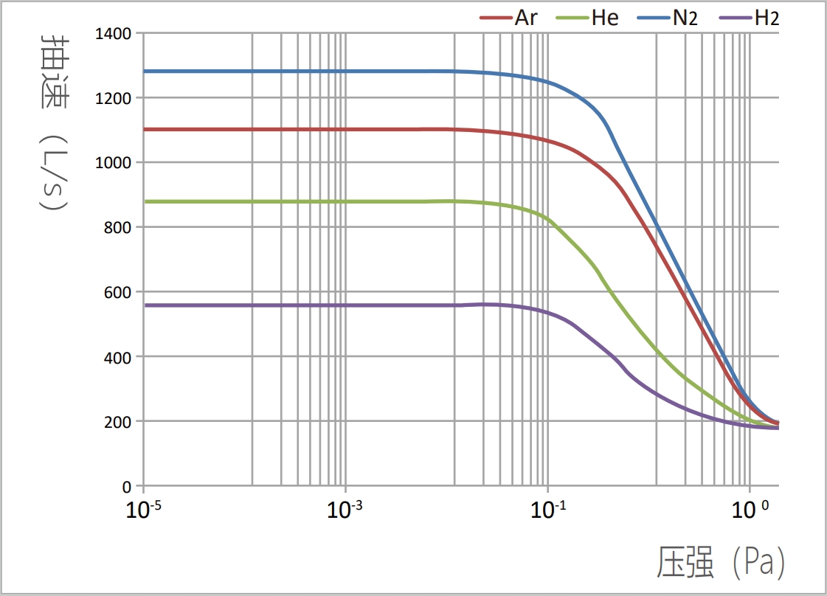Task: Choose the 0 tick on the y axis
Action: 127,487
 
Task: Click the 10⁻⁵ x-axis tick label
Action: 145,510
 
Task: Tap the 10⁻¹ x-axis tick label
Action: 547,510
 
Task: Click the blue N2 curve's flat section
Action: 295,72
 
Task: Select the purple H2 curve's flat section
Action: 295,305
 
